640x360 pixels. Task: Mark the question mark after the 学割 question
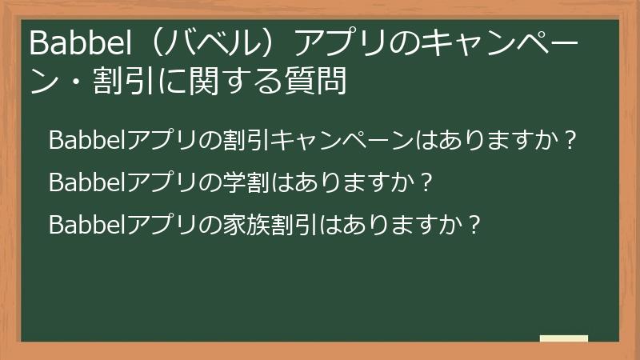coord(426,183)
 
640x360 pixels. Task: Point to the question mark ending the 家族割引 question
coord(473,225)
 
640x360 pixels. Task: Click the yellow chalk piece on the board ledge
coord(563,338)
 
